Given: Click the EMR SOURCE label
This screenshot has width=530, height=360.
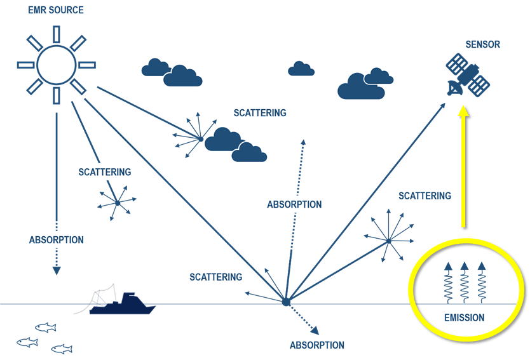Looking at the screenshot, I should click(56, 10).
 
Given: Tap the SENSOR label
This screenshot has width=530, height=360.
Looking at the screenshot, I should click(482, 44).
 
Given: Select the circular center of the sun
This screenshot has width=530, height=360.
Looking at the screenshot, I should click(57, 64).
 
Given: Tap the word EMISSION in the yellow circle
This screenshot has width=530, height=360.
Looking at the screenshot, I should click(463, 317).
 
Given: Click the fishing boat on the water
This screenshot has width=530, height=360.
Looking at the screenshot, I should click(123, 305).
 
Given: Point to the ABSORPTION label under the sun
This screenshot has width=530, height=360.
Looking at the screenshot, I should click(56, 240).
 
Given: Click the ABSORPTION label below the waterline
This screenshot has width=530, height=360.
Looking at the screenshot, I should click(316, 345).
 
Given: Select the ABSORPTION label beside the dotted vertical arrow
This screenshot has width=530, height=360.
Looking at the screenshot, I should click(294, 204).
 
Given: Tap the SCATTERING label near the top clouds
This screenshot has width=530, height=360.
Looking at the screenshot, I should click(259, 113).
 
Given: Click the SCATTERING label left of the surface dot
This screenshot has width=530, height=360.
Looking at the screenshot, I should click(215, 277).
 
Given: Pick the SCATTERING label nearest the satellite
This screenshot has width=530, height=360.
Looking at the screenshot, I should click(425, 196).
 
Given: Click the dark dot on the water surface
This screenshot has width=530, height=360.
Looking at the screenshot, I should click(286, 302).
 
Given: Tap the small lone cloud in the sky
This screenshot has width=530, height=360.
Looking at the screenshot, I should click(301, 69).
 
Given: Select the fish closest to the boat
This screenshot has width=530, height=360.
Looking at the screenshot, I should click(45, 327).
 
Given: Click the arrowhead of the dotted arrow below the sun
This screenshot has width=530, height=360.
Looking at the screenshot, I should click(57, 270).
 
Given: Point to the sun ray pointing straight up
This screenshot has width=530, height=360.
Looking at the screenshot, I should click(57, 32).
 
